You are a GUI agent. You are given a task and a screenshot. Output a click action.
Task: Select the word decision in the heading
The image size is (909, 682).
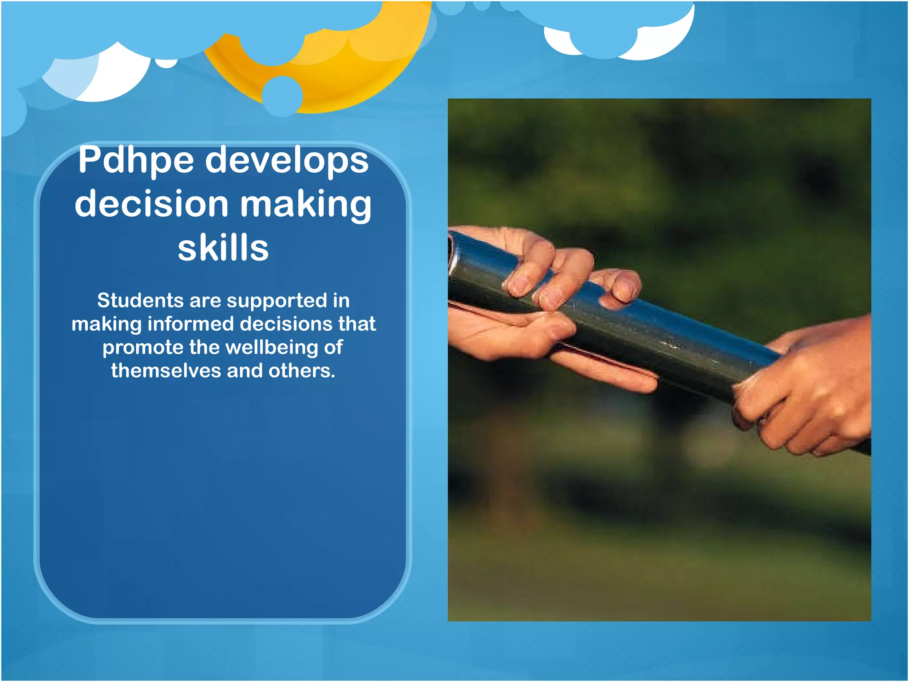[x=151, y=204]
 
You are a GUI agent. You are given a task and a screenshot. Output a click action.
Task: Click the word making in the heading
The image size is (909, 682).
[x=306, y=205]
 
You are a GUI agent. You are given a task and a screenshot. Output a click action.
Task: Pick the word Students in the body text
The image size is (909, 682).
[x=140, y=301]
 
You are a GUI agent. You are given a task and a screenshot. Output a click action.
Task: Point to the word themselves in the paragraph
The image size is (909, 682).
[x=165, y=371]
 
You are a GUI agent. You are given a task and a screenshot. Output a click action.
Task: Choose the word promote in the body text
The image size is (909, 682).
[x=143, y=348]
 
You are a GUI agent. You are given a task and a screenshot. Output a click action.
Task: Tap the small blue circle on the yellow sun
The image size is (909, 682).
[x=282, y=96]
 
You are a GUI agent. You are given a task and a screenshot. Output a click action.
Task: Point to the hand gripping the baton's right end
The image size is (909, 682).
[x=808, y=391]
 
